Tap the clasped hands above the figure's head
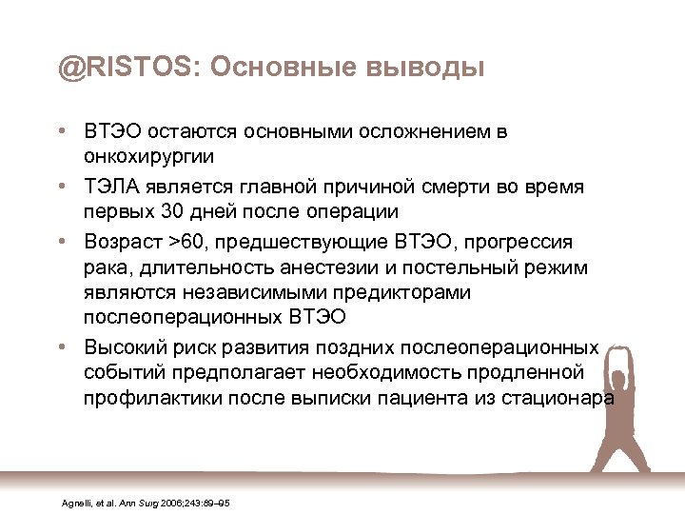620,329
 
